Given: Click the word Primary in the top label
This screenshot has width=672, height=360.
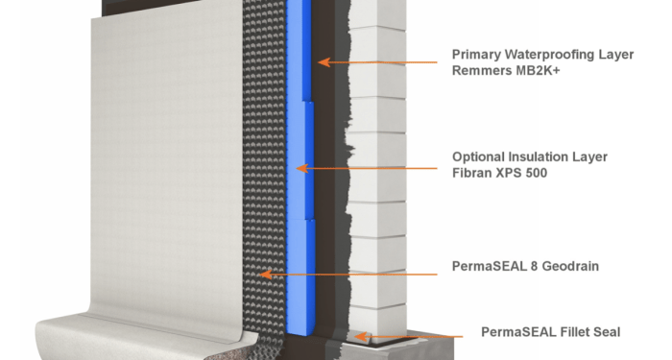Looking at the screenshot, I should point(478,54).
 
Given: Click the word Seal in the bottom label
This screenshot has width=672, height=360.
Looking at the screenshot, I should point(603,332).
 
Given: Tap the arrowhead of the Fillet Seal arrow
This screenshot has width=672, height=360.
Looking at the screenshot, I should point(357,336).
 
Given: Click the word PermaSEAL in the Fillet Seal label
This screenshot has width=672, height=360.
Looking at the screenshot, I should point(513,332).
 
